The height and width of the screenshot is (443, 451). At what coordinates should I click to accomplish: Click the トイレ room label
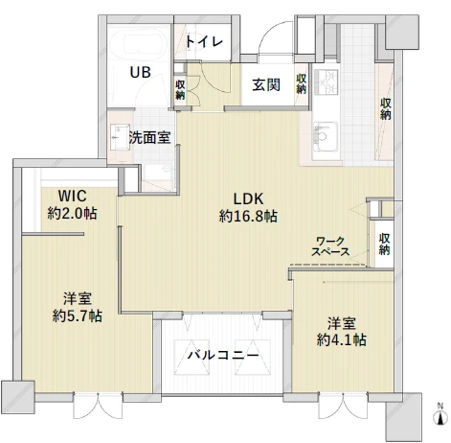point(204,42)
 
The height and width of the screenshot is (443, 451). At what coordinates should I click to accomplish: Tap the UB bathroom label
point(140,73)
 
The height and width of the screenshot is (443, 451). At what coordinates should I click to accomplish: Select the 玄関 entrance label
point(266,85)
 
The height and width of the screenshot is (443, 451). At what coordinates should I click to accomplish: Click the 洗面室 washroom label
point(150,138)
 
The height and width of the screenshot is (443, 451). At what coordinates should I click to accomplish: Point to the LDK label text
point(249,199)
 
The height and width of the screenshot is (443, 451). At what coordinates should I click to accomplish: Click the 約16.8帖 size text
point(248,217)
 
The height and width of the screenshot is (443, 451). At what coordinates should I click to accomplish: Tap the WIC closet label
point(72,196)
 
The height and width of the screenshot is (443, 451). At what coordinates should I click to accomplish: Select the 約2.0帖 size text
point(72,213)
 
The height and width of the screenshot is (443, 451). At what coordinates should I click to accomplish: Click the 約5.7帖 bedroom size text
point(78,316)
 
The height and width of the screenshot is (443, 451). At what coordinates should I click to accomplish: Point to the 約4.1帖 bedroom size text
point(342,339)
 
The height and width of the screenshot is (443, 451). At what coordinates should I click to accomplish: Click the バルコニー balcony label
point(222,355)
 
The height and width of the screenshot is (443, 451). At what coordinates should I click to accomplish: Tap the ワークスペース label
point(330,246)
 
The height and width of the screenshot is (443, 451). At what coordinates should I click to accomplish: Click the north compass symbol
point(440,415)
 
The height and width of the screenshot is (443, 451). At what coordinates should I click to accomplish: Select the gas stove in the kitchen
point(326,82)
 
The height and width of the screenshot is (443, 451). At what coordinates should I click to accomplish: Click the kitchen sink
point(326,136)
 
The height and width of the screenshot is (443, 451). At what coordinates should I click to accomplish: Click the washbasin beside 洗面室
point(120,137)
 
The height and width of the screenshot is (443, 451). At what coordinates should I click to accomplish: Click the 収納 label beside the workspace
point(384,245)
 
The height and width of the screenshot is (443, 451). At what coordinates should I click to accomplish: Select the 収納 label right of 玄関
point(301,83)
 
